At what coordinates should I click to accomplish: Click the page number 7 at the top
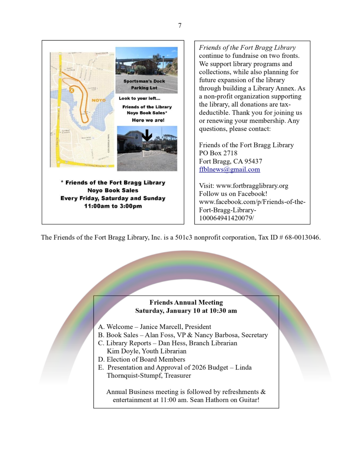180,25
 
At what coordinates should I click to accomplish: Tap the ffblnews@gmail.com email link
229,169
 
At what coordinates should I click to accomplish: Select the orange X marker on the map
72,90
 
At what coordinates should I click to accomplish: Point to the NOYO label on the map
99,100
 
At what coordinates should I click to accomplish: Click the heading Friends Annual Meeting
186,302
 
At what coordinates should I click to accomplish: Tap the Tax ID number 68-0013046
302,237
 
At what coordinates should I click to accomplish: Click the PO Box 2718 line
218,153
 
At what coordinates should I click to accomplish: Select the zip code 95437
253,161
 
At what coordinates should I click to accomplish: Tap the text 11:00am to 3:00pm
113,206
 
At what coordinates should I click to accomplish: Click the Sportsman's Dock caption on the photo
144,81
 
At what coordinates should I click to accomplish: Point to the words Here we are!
148,120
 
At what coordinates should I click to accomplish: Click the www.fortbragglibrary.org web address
252,186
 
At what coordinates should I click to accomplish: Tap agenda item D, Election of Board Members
142,359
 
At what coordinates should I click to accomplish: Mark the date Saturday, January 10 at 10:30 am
186,311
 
